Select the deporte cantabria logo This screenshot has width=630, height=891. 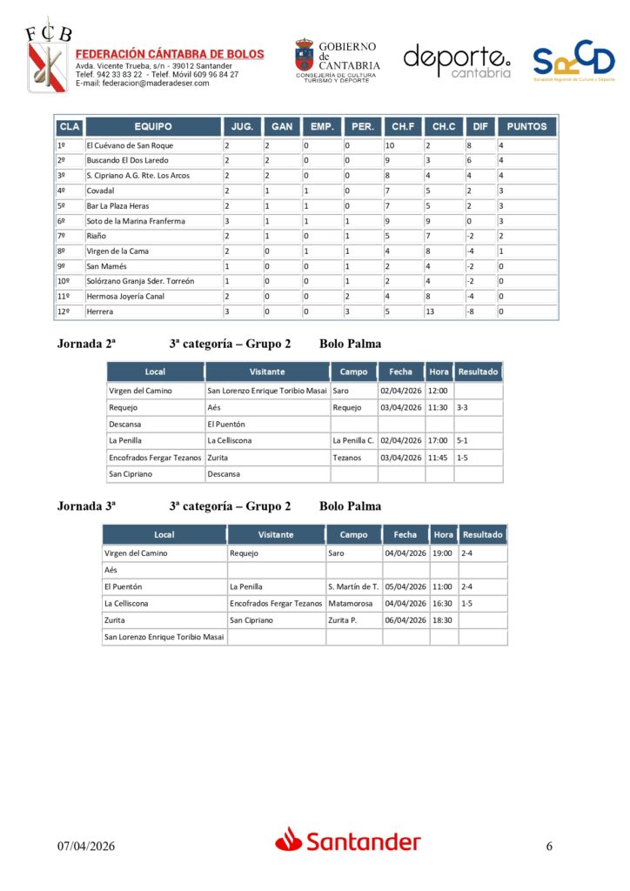tap(456, 61)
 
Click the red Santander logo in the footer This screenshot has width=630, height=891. tap(348, 841)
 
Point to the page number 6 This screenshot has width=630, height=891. tap(549, 846)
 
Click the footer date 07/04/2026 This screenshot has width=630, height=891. tap(86, 846)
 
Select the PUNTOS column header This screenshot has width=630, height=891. tap(526, 126)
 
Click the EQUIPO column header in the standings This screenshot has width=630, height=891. tap(153, 126)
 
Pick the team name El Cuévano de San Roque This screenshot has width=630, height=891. tap(130, 145)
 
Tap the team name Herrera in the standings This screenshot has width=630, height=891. tap(100, 311)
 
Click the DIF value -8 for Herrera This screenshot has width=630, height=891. tap(470, 311)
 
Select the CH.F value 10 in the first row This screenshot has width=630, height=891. tap(390, 145)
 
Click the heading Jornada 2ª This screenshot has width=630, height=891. tap(86, 344)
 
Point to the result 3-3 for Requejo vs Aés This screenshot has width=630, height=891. tap(462, 407)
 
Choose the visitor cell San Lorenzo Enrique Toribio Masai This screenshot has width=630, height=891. tap(267, 391)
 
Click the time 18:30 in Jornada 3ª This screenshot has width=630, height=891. tap(443, 620)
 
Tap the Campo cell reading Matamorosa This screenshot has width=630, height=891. tap(351, 603)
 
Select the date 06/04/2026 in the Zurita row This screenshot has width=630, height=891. tap(405, 620)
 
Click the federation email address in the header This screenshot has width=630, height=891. tap(143, 84)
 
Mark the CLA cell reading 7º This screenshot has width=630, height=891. tap(62, 236)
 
